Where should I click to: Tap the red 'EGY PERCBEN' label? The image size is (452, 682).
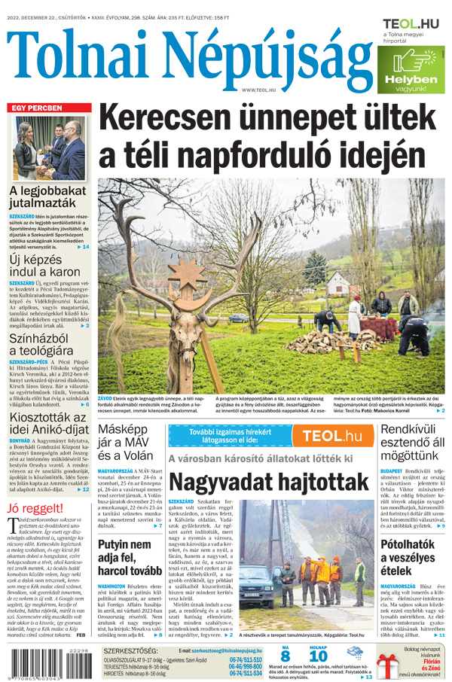tap(36, 108)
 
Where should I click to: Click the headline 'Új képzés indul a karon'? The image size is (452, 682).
tap(44, 264)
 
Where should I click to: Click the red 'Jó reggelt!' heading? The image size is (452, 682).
tap(35, 508)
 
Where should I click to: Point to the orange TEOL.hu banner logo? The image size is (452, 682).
tap(331, 436)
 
